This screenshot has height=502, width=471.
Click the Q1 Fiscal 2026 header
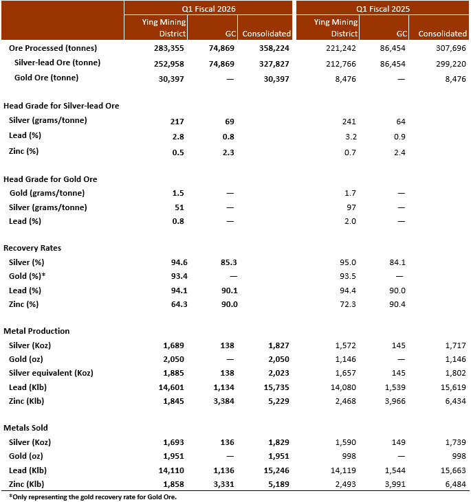click(x=208, y=8)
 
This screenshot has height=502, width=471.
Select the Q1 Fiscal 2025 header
click(x=383, y=8)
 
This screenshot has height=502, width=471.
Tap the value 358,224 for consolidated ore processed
click(x=273, y=48)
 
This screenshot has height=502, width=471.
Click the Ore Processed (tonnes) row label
click(x=53, y=48)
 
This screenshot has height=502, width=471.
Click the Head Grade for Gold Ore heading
click(x=50, y=179)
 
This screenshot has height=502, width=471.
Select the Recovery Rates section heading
click(x=35, y=248)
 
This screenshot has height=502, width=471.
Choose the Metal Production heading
click(x=36, y=331)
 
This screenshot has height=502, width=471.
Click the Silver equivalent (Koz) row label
click(x=54, y=373)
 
